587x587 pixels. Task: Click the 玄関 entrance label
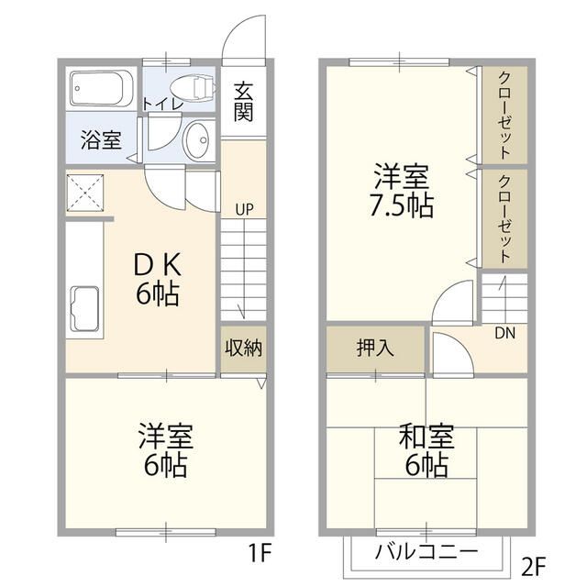click(x=243, y=101)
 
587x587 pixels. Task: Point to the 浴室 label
click(x=100, y=141)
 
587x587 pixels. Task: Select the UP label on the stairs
click(x=243, y=209)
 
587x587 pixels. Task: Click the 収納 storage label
click(x=243, y=349)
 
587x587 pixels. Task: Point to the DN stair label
click(x=504, y=333)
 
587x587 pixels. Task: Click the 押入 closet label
click(x=375, y=349)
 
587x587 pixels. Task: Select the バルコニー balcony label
click(x=426, y=552)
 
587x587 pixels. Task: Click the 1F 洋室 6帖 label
click(x=165, y=449)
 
